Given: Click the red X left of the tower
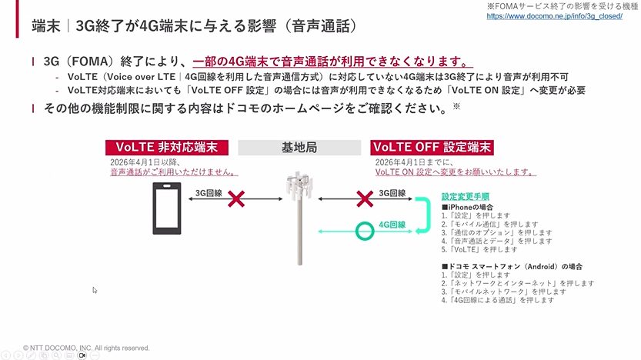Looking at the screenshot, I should (x=239, y=200).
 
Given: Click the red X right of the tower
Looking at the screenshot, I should (x=365, y=200).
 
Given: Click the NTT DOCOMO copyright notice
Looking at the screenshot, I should (x=86, y=348).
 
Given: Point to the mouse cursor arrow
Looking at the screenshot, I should (x=95, y=290).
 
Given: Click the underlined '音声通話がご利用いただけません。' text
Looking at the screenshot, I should (x=172, y=172).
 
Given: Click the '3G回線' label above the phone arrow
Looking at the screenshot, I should (x=209, y=193).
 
